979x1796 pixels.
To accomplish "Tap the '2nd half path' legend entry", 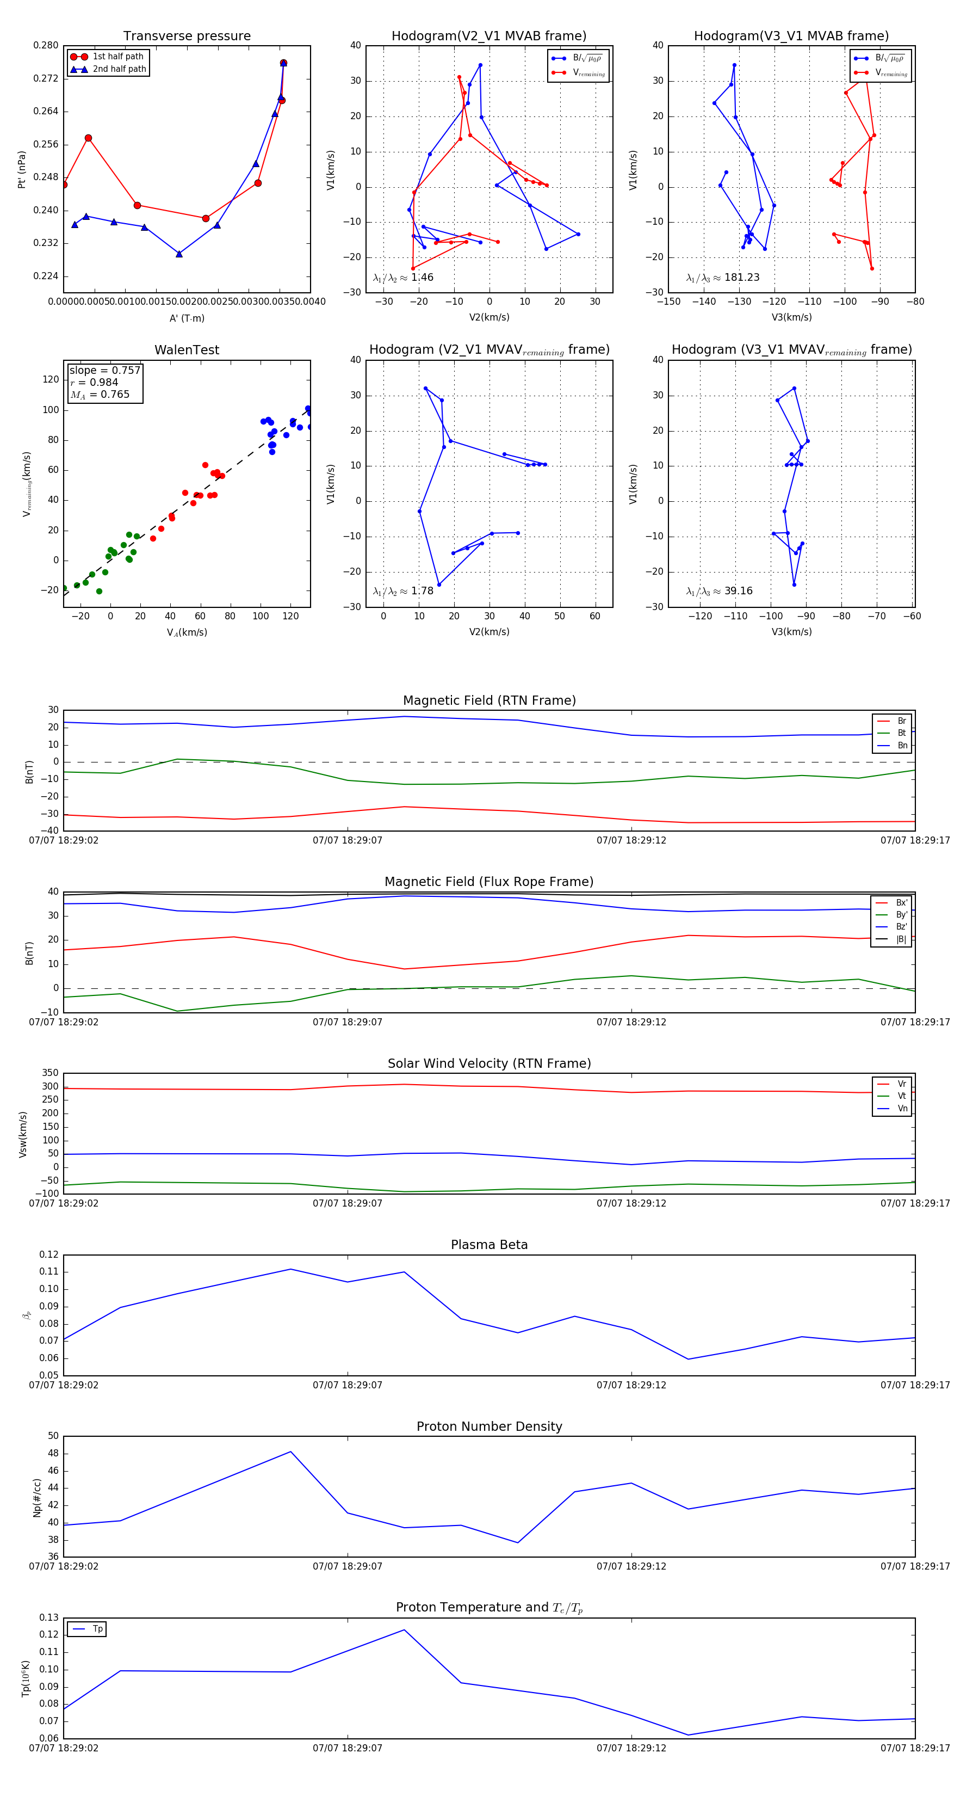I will point(119,69).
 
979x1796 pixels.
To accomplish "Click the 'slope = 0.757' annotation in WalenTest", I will point(104,370).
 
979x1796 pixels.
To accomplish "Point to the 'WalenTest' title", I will point(187,350).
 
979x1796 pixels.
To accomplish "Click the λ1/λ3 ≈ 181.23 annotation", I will point(723,278).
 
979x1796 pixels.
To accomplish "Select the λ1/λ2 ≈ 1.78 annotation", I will point(402,591).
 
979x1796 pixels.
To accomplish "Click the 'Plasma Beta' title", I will point(489,1245).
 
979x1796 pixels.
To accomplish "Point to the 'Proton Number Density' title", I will point(489,1426).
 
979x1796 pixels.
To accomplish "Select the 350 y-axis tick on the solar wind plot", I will point(50,1073).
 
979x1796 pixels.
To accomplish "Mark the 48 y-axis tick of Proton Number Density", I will point(53,1454).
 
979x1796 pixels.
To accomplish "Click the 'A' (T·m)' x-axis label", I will point(187,318).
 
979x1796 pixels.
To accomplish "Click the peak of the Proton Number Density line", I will point(290,1451).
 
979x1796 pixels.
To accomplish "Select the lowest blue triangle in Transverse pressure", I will point(179,254).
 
